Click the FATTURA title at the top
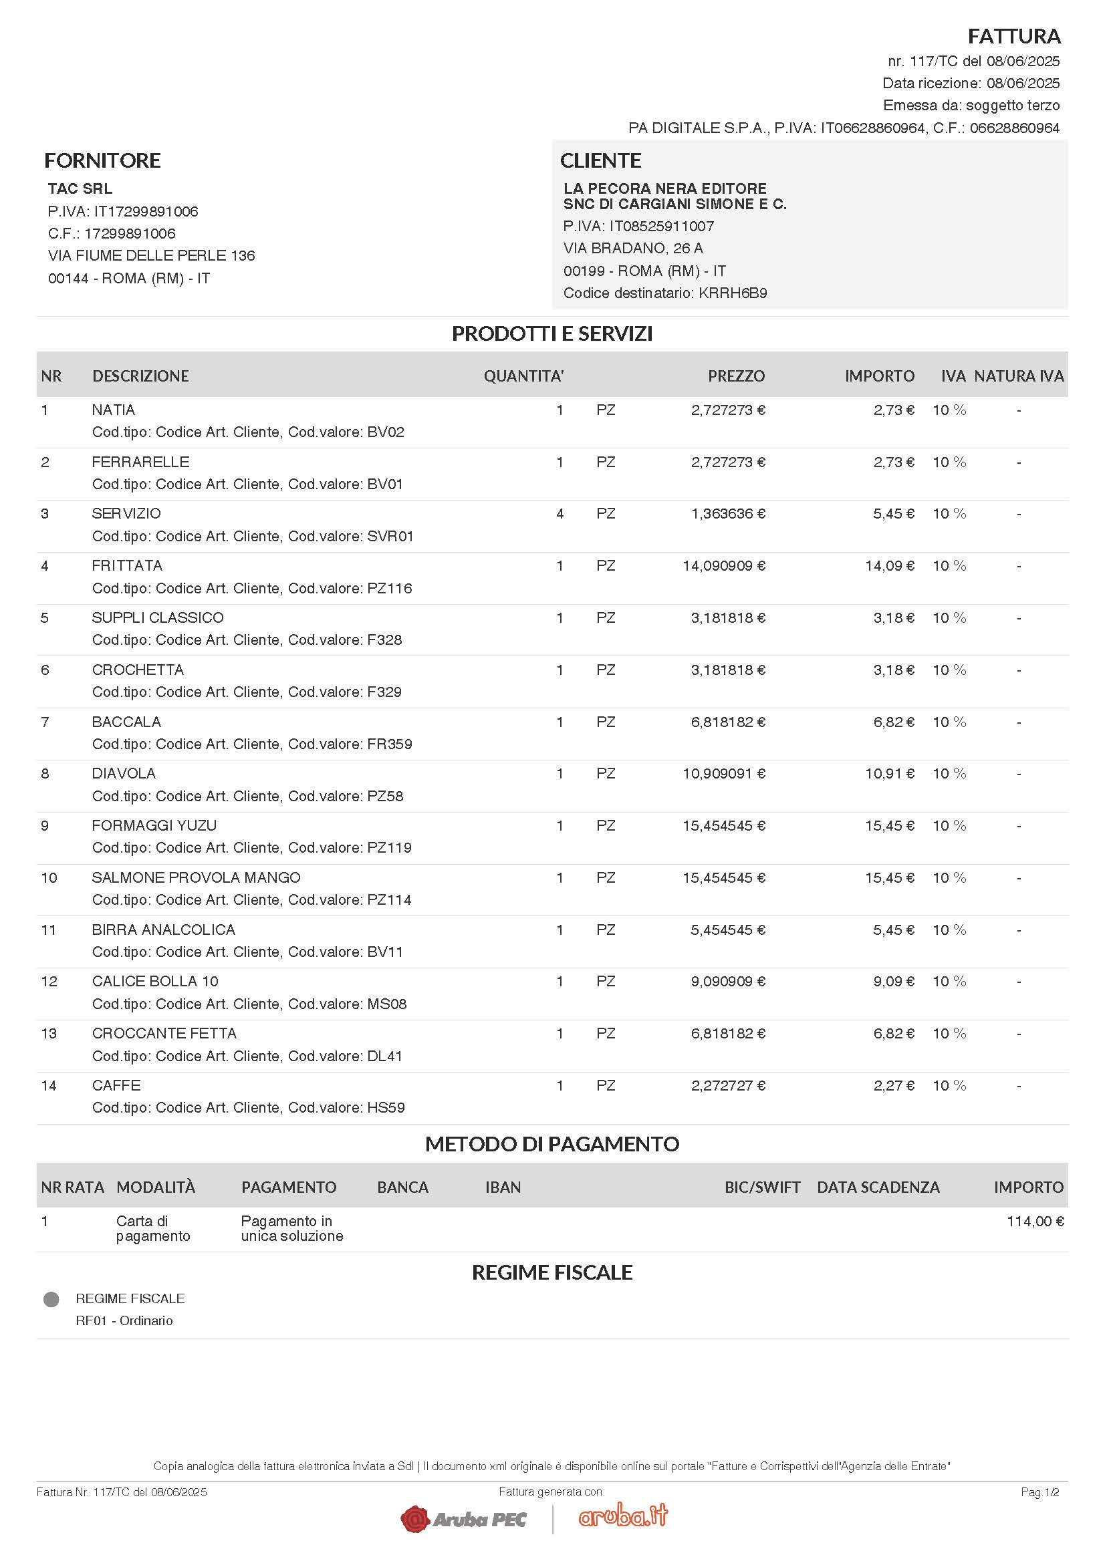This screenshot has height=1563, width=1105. click(1014, 36)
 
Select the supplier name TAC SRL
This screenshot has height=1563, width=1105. click(80, 188)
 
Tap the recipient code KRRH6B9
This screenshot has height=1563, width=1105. click(733, 293)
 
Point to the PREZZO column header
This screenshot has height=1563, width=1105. click(736, 376)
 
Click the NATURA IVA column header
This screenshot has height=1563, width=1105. click(1019, 376)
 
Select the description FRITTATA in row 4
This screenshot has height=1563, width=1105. click(126, 566)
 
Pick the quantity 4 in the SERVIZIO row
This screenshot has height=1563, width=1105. click(560, 514)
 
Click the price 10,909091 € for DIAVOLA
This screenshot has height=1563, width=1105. click(724, 774)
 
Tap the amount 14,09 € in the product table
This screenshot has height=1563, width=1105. click(889, 566)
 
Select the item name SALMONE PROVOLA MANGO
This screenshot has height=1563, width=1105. click(196, 878)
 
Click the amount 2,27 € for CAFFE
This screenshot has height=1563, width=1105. click(893, 1086)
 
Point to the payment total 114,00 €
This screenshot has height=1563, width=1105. click(1035, 1222)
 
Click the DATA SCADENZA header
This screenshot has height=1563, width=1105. click(878, 1187)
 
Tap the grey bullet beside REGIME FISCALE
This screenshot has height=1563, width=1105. click(51, 1300)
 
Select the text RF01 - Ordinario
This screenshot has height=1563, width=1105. click(124, 1320)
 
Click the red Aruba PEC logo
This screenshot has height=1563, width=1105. click(464, 1519)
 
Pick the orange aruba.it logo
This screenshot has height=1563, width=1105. click(623, 1516)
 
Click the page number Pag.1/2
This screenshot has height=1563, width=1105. click(1039, 1492)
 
